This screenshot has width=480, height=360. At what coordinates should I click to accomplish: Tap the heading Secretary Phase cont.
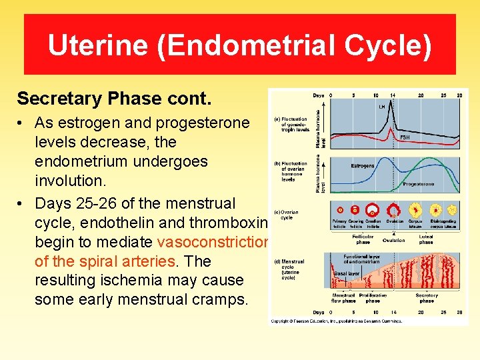[114, 99]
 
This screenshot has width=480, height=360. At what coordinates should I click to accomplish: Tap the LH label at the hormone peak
[382, 107]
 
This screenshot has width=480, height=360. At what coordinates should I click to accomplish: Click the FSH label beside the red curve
[404, 137]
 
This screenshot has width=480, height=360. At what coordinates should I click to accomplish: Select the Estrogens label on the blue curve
[363, 165]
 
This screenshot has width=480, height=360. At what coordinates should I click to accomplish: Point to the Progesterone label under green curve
[418, 184]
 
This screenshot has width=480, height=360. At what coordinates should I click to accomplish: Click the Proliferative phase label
[372, 297]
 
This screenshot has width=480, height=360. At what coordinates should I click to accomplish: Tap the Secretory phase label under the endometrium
[426, 297]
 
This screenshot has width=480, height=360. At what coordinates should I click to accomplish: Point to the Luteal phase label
[426, 239]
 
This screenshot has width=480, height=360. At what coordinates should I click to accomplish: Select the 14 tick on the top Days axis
[392, 95]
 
